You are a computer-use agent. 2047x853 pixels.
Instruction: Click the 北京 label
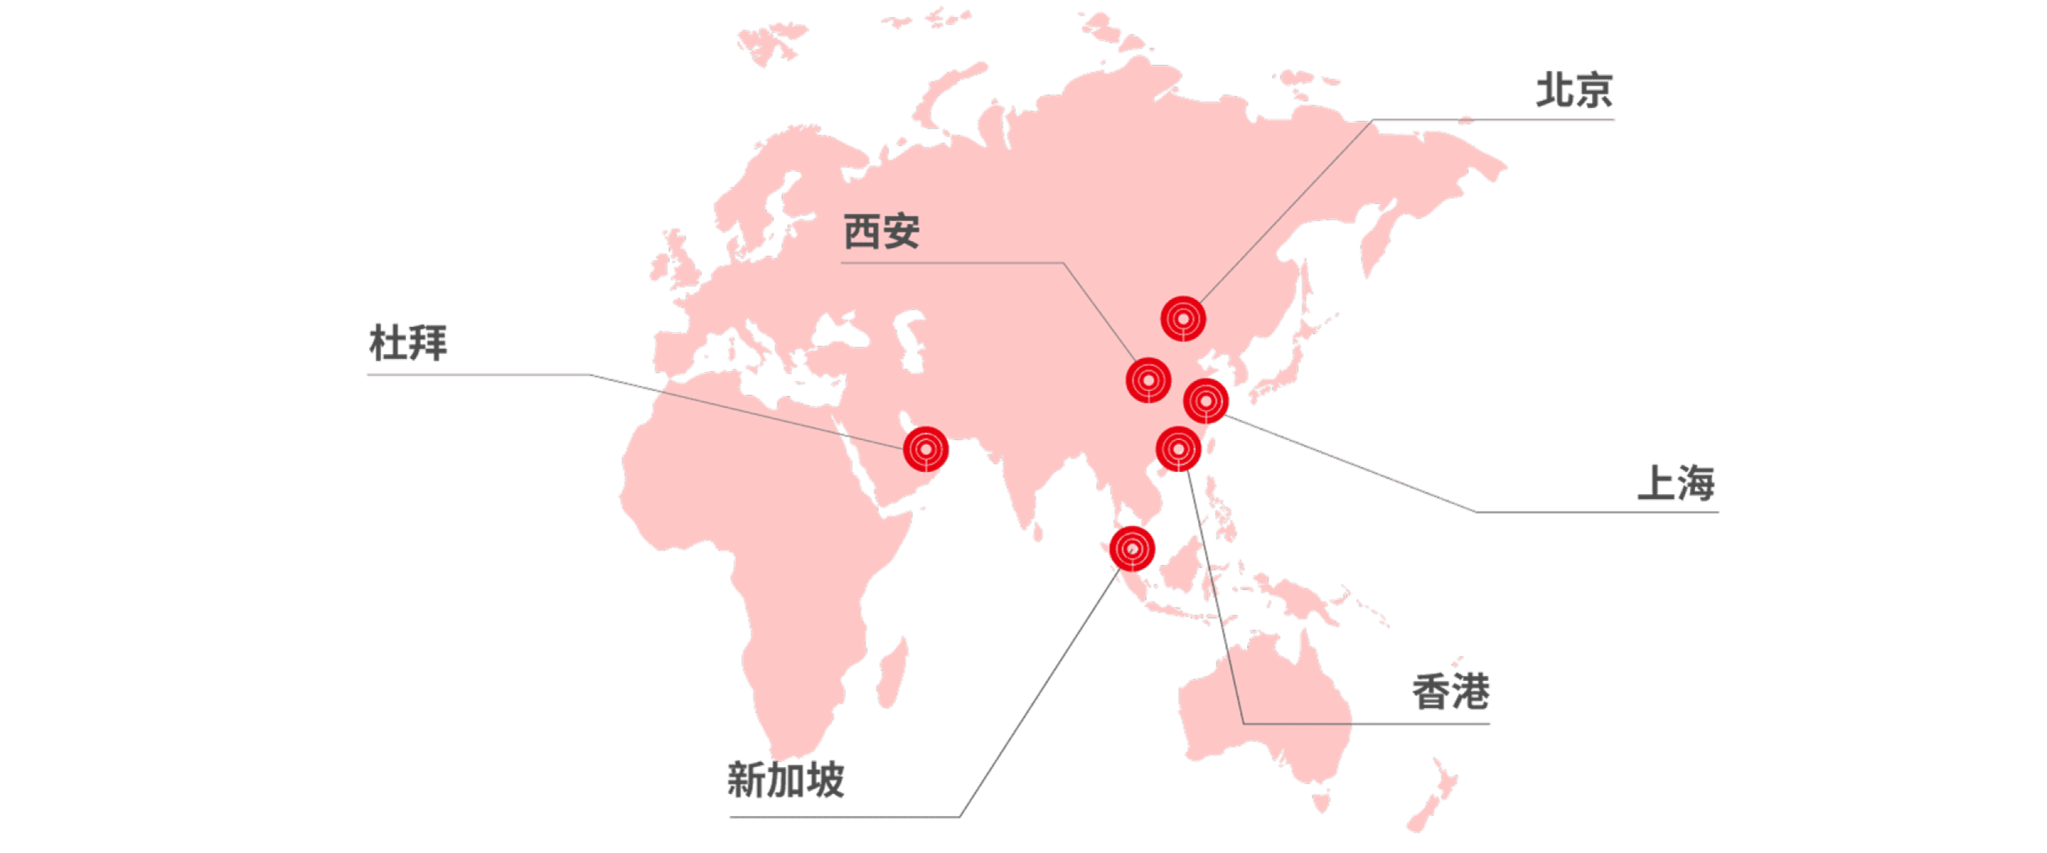click(x=1574, y=90)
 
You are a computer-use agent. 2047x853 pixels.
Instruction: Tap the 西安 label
click(x=881, y=232)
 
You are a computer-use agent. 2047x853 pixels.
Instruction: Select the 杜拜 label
click(x=409, y=343)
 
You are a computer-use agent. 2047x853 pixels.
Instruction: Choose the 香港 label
click(x=1451, y=692)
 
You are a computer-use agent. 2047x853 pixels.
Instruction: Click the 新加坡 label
click(x=786, y=780)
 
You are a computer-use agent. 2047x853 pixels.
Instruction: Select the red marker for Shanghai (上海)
click(x=1206, y=401)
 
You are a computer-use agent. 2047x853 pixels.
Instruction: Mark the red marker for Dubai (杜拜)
click(x=925, y=449)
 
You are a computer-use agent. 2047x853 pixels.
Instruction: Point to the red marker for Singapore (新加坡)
click(x=1132, y=549)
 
